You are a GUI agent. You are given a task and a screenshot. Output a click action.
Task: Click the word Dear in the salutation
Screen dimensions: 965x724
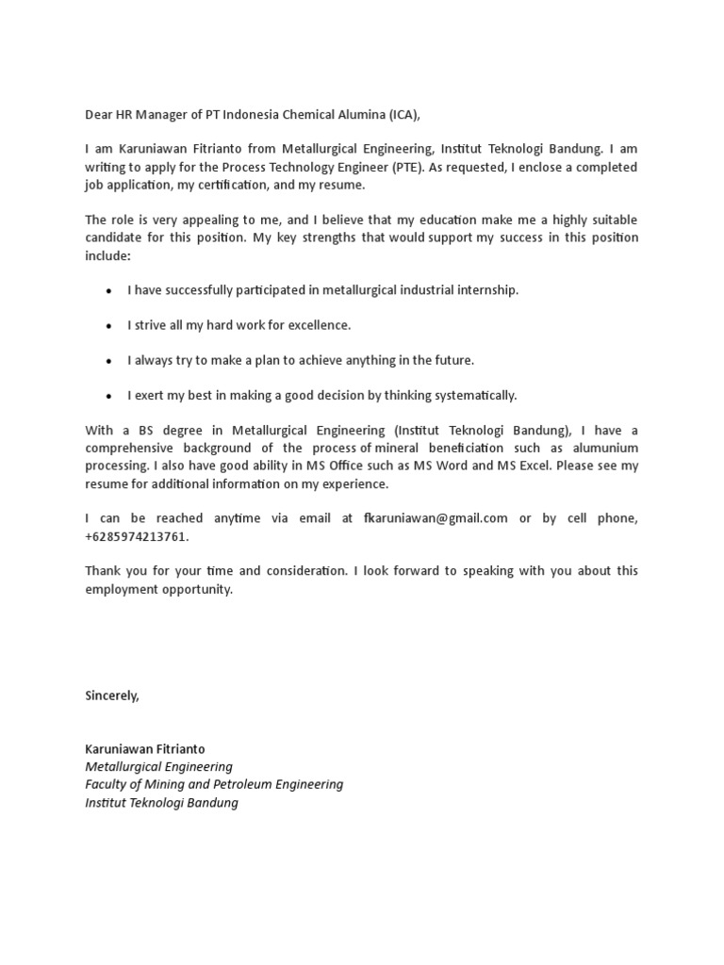pos(99,115)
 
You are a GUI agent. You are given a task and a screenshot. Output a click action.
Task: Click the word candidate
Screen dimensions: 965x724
pos(113,237)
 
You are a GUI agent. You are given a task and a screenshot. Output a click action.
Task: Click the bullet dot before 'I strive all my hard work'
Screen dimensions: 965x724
pos(109,326)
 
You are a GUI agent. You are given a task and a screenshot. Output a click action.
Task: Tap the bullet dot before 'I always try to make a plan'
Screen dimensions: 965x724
pos(109,361)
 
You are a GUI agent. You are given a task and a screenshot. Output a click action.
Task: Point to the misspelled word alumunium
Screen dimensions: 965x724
pos(601,449)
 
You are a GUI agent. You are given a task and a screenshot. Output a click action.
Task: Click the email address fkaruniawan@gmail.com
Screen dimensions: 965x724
pos(436,518)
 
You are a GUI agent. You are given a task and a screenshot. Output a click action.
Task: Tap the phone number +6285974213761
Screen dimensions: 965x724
pos(136,536)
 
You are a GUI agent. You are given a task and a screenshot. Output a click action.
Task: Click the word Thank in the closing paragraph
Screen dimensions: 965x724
pos(103,571)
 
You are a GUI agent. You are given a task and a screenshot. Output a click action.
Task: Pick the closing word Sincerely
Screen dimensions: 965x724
pos(112,695)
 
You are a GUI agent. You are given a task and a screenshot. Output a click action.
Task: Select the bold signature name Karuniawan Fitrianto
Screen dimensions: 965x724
pos(144,749)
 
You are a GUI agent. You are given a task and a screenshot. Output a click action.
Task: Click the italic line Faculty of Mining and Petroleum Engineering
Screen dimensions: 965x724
pos(214,785)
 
